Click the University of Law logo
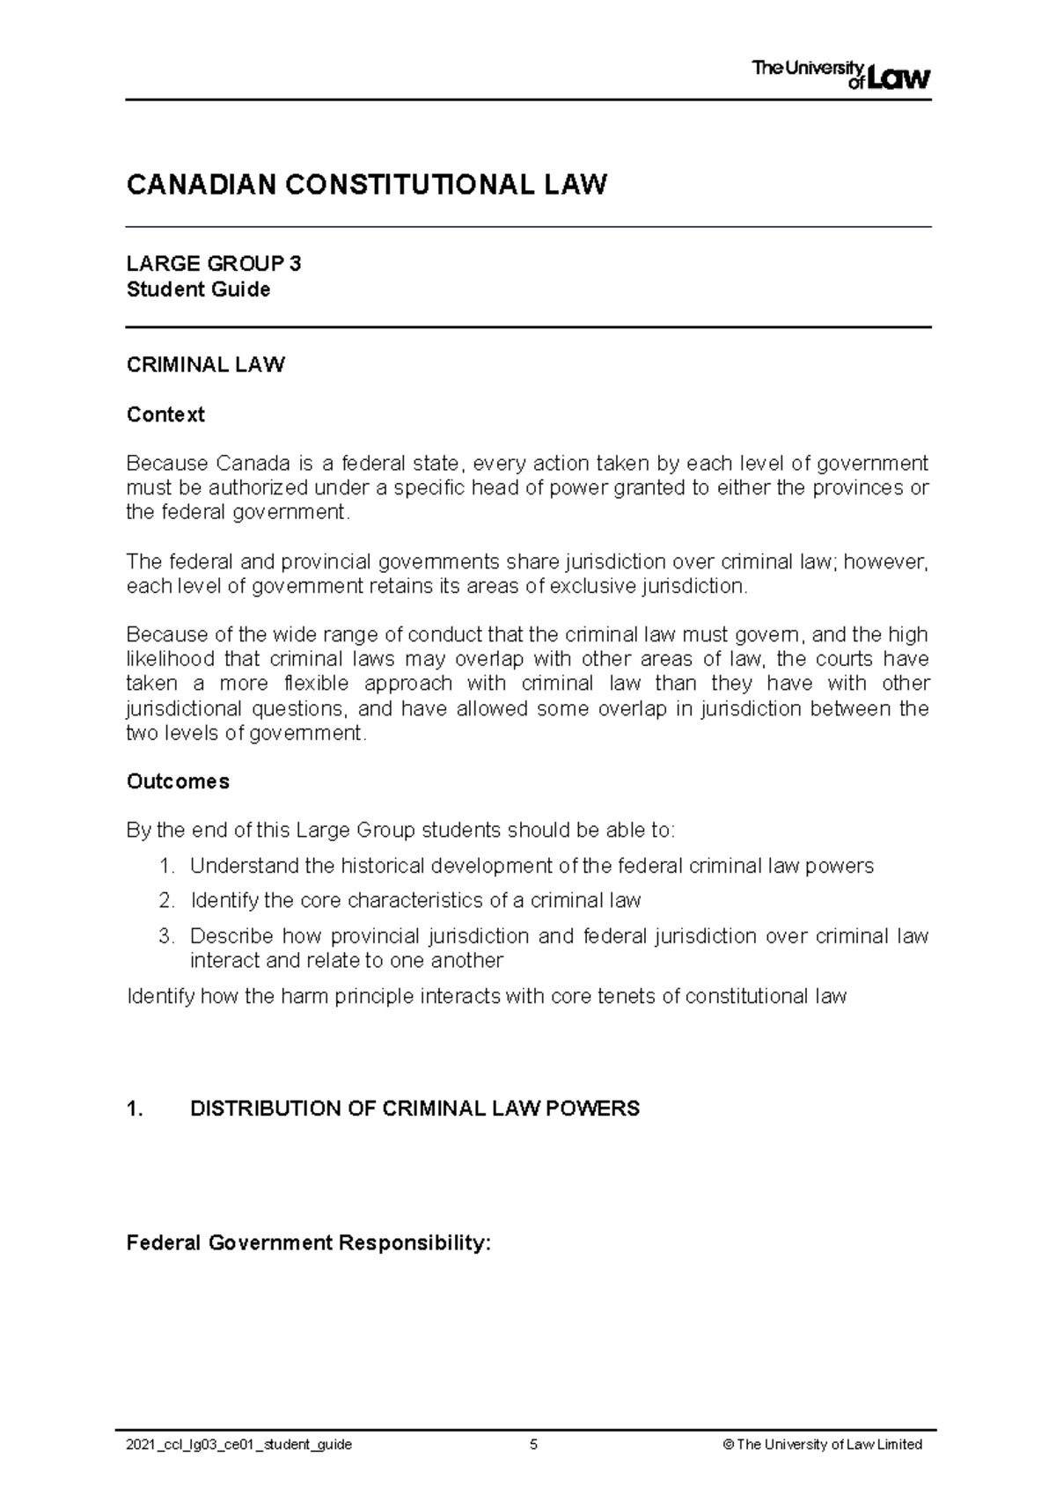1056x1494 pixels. point(841,74)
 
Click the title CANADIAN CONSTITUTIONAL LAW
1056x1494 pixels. point(367,186)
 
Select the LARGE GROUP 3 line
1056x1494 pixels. point(214,264)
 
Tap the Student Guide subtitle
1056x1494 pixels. point(199,289)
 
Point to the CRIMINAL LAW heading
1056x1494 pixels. point(206,365)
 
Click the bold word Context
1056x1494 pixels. point(165,414)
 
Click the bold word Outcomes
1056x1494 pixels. point(178,781)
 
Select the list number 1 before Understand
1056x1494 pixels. point(167,866)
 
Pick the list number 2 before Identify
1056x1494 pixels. point(167,900)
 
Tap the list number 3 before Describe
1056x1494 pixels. point(167,935)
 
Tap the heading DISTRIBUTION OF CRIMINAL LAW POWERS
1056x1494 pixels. point(414,1109)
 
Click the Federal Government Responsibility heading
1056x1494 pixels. point(308,1243)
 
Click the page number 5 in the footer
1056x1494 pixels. point(533,1444)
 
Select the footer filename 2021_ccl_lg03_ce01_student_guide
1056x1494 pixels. point(239,1445)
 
